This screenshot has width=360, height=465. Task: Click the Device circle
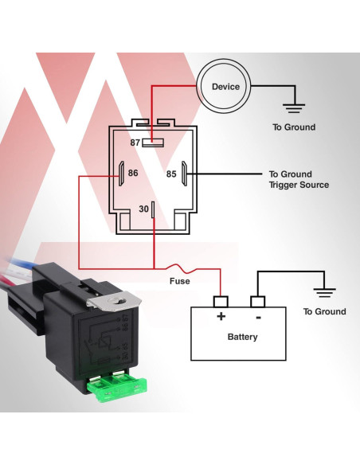pyautogui.click(x=225, y=87)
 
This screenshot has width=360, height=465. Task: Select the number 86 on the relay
pyautogui.click(x=133, y=173)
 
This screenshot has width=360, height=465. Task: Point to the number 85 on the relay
pyautogui.click(x=170, y=174)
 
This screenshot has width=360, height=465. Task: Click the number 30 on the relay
pyautogui.click(x=143, y=209)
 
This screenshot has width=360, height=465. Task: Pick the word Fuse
pyautogui.click(x=179, y=281)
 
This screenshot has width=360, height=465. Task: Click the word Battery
pyautogui.click(x=242, y=337)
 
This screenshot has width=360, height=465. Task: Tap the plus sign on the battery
pyautogui.click(x=221, y=317)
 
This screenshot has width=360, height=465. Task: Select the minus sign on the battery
pyautogui.click(x=257, y=317)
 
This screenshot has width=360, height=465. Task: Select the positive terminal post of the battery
pyautogui.click(x=221, y=302)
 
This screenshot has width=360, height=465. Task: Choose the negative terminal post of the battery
pyautogui.click(x=257, y=302)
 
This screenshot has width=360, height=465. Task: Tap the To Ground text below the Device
pyautogui.click(x=294, y=127)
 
